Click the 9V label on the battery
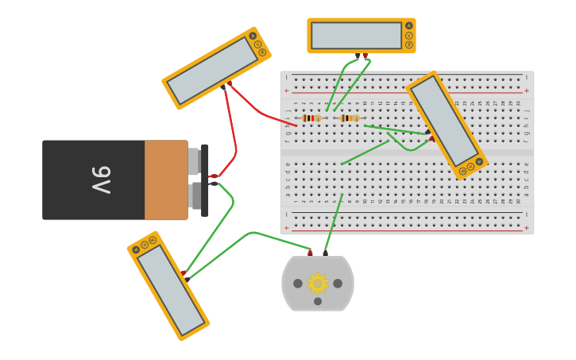pyautogui.click(x=100, y=180)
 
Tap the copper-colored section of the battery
pyautogui.click(x=165, y=180)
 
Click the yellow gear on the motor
pyautogui.click(x=318, y=283)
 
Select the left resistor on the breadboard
pyautogui.click(x=311, y=118)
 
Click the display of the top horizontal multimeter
pyautogui.click(x=356, y=36)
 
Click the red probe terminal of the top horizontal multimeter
pyautogui.click(x=365, y=56)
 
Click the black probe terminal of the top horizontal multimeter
pyautogui.click(x=358, y=56)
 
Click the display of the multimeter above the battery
pyautogui.click(x=212, y=71)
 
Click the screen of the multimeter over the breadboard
pyautogui.click(x=444, y=121)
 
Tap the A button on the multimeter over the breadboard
pyautogui.click(x=479, y=161)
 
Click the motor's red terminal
pyautogui.click(x=310, y=254)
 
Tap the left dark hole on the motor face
pyautogui.click(x=298, y=283)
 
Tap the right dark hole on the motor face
pyautogui.click(x=338, y=283)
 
